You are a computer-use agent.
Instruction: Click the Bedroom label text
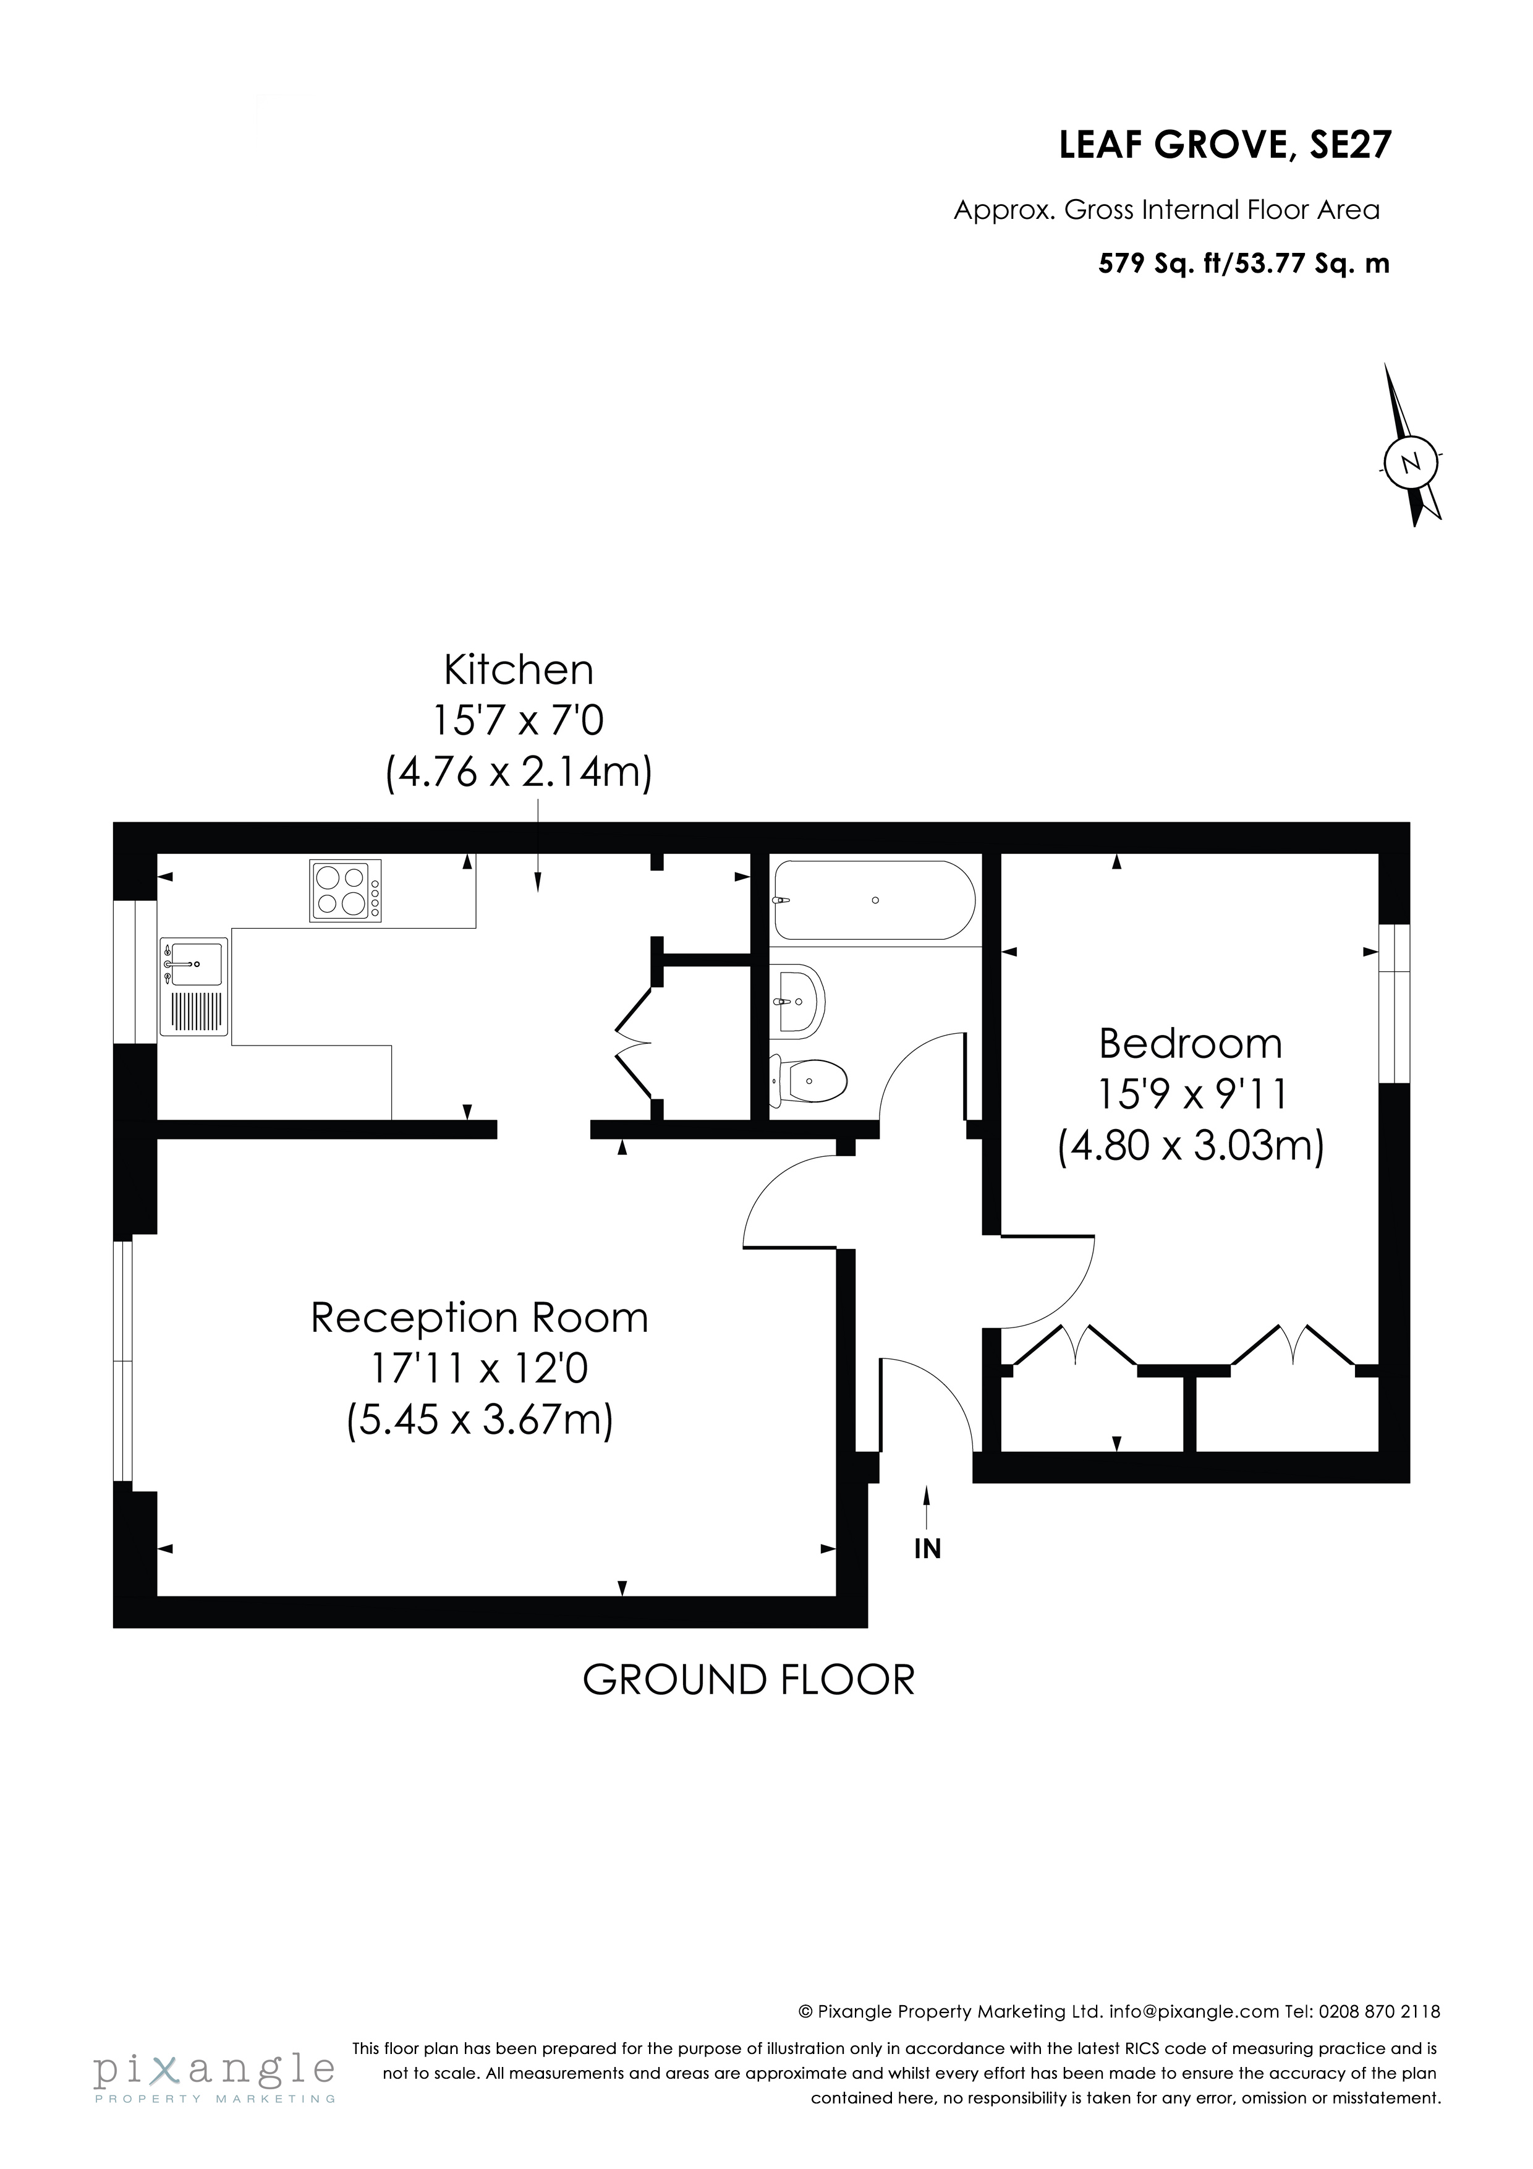[x=1190, y=1044]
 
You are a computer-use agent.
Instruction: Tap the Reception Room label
[x=480, y=1318]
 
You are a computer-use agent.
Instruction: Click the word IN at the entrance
[x=928, y=1549]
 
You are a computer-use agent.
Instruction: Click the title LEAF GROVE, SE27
[x=1225, y=145]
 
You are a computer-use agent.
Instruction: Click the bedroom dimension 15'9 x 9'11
[x=1191, y=1095]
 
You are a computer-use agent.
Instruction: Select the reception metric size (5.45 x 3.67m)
[x=480, y=1419]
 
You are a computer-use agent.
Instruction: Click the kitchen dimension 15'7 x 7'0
[x=519, y=722]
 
